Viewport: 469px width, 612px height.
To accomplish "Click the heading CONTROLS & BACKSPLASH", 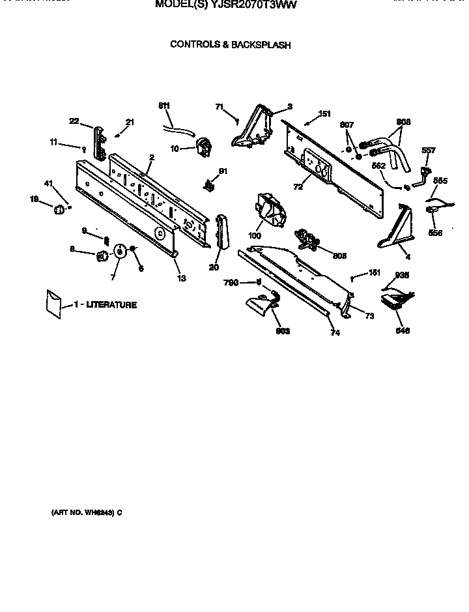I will (230, 45).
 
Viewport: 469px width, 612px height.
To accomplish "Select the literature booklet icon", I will (53, 304).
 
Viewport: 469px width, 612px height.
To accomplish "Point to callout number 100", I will (255, 235).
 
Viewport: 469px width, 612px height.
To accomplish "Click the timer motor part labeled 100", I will (270, 210).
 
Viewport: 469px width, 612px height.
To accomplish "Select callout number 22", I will (74, 120).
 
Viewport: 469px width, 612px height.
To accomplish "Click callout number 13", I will (180, 278).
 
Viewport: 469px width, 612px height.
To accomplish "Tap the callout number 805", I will (339, 255).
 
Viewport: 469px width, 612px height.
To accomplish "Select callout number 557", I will (428, 151).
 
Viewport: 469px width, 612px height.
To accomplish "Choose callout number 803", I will (282, 331).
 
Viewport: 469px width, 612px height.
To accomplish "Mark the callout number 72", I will (298, 187).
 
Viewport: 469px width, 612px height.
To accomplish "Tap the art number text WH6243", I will (98, 512).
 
